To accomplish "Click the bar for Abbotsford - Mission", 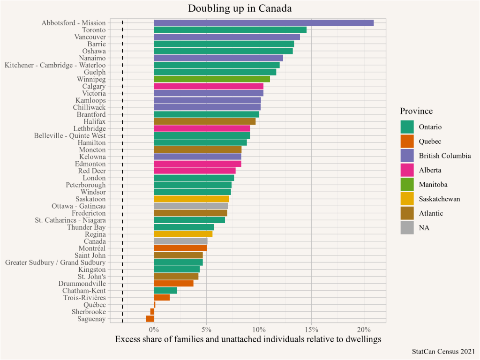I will [x=263, y=22].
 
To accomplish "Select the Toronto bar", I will [x=230, y=30].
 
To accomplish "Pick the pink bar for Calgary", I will [x=208, y=86].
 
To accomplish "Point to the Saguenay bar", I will [x=150, y=319].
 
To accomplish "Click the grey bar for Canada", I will [x=180, y=241].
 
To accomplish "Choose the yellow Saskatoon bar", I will [x=191, y=199].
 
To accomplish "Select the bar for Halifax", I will [x=204, y=121].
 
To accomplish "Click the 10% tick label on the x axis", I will [x=259, y=329].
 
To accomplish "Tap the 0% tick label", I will [x=154, y=329].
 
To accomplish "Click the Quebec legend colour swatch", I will [x=407, y=141].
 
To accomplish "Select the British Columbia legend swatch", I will [x=407, y=156].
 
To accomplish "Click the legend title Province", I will [x=416, y=111].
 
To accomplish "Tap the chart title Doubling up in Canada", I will [x=240, y=8].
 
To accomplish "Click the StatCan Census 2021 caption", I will [x=443, y=351].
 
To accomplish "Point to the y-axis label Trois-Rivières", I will [x=84, y=298].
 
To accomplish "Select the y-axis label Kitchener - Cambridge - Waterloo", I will [x=55, y=65].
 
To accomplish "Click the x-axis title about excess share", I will [x=248, y=339].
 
